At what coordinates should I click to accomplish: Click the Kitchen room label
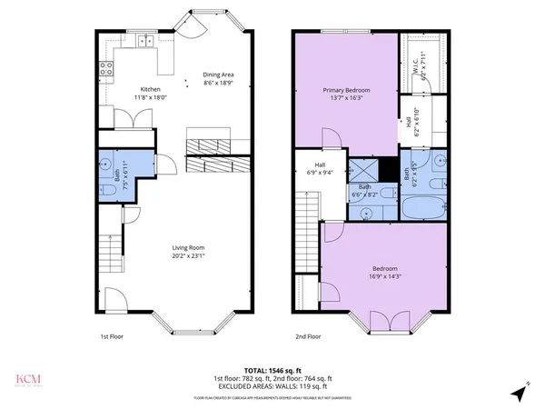click(x=125, y=89)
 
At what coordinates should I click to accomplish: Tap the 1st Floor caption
click(x=111, y=336)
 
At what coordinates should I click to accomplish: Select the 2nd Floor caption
click(x=308, y=336)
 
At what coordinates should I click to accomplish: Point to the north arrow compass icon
click(x=519, y=394)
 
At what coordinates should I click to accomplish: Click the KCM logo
click(x=25, y=378)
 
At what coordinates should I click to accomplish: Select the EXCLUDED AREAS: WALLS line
click(x=273, y=387)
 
